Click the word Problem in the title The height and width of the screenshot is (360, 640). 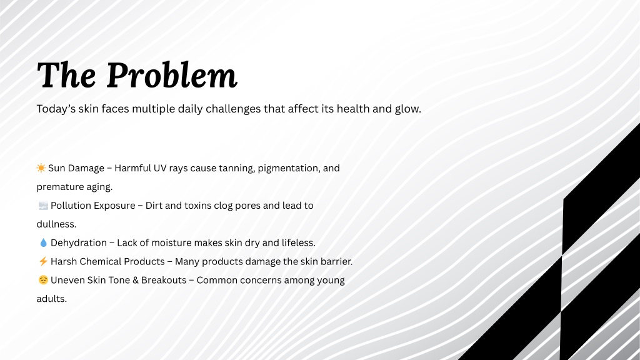click(172, 75)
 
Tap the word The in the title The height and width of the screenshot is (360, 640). click(66, 75)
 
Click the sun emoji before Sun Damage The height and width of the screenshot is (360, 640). click(41, 167)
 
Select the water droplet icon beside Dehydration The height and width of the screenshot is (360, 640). click(43, 243)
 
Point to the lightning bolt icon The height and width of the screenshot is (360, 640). click(43, 261)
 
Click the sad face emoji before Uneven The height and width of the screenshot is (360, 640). click(43, 280)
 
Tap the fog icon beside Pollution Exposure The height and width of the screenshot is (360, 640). click(43, 205)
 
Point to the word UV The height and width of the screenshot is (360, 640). click(160, 168)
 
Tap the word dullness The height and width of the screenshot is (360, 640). click(56, 224)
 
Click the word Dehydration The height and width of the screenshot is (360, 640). click(79, 243)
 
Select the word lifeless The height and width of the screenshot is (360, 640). click(298, 243)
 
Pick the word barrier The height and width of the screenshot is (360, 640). click(336, 261)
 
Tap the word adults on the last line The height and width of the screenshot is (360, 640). click(51, 299)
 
